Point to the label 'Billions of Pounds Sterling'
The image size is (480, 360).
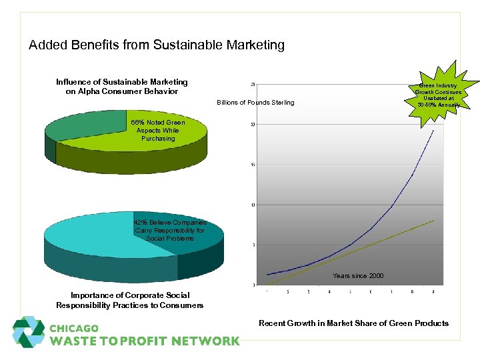pos(255,102)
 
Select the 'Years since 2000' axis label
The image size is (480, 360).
pos(358,275)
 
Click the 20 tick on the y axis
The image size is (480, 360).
pos(253,125)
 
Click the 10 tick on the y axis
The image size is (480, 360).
pos(253,205)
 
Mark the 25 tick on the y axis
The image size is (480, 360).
pos(253,84)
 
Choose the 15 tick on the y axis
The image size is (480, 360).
pos(253,165)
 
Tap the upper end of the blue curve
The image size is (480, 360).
pos(433,131)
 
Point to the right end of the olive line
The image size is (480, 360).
pos(433,221)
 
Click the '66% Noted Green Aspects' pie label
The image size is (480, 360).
pos(158,130)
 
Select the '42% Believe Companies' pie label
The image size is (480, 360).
pos(169,230)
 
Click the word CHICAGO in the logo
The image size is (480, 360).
pos(74,329)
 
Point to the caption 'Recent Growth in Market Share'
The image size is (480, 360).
pos(353,323)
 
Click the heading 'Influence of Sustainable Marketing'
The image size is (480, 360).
pos(122,87)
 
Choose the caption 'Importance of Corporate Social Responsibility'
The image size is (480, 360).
pos(130,300)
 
